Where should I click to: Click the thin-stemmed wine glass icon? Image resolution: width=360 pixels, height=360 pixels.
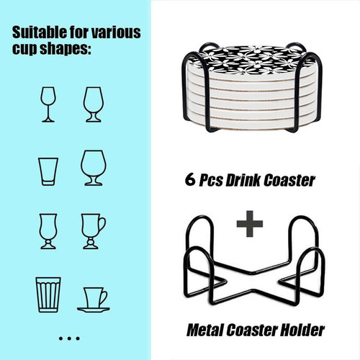click(48, 104)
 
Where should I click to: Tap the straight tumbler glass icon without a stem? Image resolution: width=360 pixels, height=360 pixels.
click(48, 171)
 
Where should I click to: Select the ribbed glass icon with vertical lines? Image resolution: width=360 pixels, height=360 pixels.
click(48, 294)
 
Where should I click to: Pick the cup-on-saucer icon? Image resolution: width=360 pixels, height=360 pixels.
click(94, 300)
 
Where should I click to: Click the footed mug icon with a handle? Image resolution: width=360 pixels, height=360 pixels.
click(94, 231)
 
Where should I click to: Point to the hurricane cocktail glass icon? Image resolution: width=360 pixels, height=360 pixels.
click(48, 231)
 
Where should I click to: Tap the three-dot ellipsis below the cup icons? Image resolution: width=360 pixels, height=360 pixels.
click(69, 338)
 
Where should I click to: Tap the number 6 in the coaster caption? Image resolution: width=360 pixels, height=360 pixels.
click(190, 179)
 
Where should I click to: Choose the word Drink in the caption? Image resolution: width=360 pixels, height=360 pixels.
click(243, 180)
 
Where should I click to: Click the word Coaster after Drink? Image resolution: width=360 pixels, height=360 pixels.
click(289, 181)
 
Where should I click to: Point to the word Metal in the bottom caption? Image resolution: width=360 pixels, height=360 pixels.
click(204, 330)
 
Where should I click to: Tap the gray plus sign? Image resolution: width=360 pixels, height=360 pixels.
click(250, 224)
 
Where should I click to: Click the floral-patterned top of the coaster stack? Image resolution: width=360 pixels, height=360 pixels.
click(252, 58)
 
